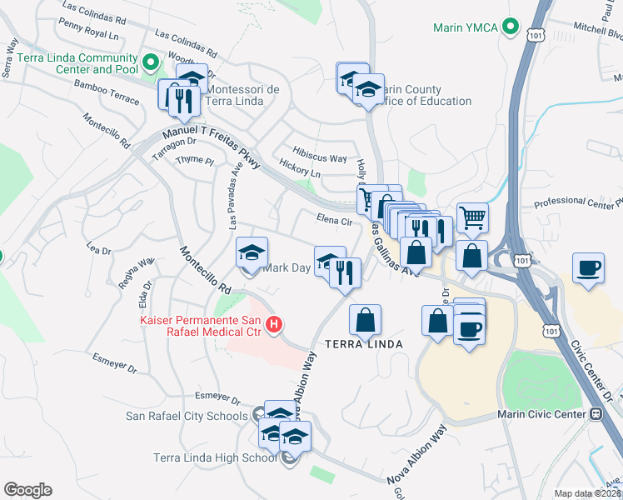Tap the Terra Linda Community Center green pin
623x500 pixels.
(x=150, y=62)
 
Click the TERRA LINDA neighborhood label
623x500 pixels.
(x=364, y=343)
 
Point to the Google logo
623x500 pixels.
(x=27, y=490)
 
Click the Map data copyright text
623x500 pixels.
(x=587, y=493)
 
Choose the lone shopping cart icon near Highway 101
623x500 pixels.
(x=472, y=218)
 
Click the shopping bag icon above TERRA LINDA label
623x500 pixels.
(x=365, y=319)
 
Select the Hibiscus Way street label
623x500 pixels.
(x=320, y=158)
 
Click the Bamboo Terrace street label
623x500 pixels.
(x=106, y=86)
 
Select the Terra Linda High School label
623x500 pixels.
(x=215, y=457)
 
